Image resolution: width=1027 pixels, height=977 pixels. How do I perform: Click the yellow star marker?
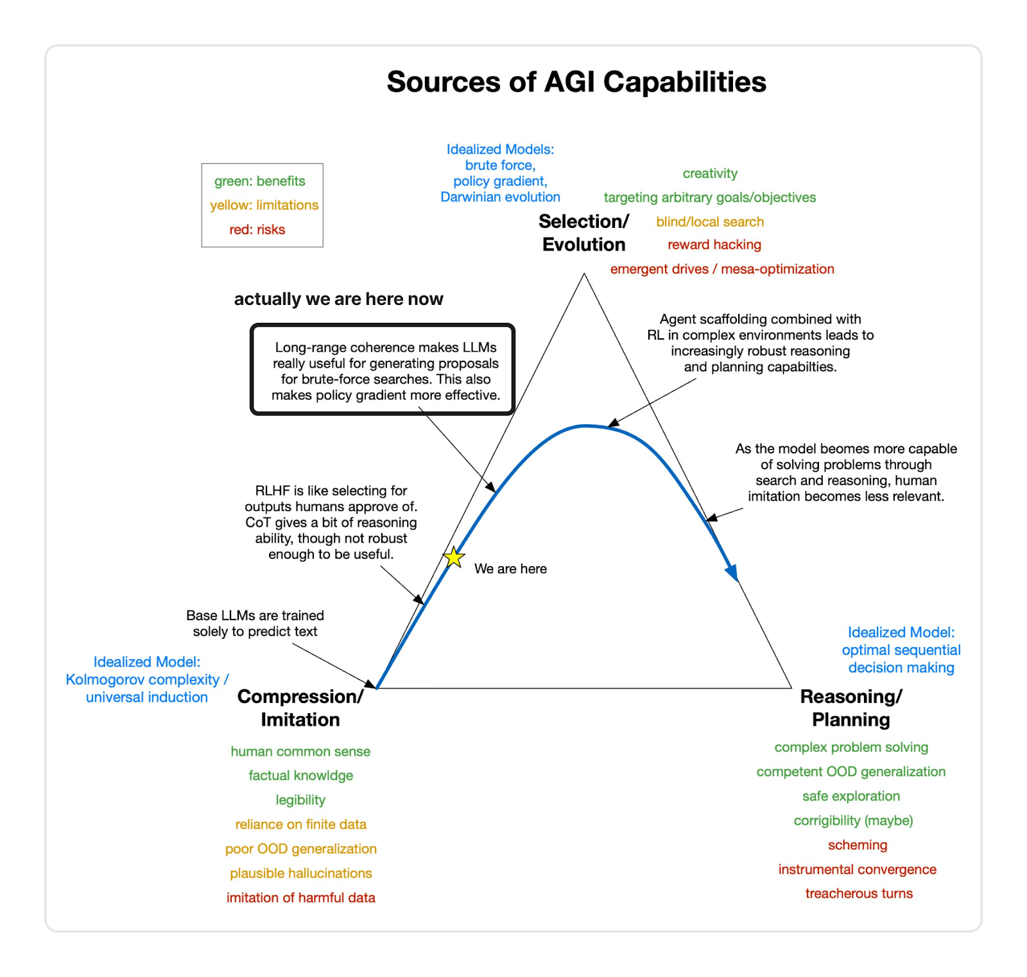(454, 557)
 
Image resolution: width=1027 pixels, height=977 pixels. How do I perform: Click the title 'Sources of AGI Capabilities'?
(576, 82)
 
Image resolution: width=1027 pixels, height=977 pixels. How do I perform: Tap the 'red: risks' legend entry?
(257, 230)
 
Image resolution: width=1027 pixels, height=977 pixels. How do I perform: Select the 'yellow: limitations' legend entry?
(264, 205)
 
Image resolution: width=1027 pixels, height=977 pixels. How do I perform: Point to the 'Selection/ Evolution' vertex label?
(583, 233)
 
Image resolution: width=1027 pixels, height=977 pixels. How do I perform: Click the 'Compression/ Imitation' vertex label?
(300, 708)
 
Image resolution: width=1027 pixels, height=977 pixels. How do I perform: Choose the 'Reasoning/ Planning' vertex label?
(851, 708)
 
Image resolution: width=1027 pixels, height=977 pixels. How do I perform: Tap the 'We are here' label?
(510, 569)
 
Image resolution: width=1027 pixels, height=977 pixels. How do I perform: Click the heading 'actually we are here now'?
(338, 299)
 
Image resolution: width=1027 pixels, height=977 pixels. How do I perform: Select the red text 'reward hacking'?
(714, 245)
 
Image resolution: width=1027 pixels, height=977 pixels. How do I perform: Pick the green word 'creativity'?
(710, 173)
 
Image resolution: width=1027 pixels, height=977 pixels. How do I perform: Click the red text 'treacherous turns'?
(859, 894)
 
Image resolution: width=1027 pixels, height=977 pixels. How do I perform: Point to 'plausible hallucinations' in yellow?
(301, 873)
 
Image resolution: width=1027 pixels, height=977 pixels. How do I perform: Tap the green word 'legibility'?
(300, 800)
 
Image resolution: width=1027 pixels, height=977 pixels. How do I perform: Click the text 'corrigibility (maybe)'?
(853, 820)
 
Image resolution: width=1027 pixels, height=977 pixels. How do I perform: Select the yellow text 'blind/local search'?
(710, 222)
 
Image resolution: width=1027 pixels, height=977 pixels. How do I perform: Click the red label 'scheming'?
(858, 845)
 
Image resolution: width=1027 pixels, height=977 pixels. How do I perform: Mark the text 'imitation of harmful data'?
(301, 897)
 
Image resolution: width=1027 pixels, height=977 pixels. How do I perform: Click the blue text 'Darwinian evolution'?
(500, 197)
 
